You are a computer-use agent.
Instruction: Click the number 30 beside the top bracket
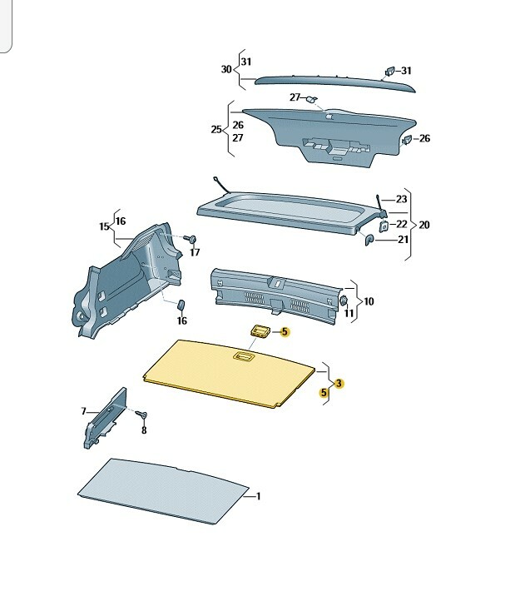(226, 69)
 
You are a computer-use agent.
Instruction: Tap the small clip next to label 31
(389, 72)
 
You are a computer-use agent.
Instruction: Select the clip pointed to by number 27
(312, 99)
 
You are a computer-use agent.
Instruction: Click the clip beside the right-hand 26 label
(407, 140)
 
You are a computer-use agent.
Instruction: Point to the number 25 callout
(216, 129)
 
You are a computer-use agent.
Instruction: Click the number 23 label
(401, 199)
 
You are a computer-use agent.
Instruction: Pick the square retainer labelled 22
(384, 226)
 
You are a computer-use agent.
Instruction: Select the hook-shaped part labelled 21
(369, 240)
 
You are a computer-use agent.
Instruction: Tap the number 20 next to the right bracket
(424, 225)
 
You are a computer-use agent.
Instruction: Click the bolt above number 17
(191, 239)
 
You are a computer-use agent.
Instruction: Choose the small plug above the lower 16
(181, 305)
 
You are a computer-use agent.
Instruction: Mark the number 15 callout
(104, 226)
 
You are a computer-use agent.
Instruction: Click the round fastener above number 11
(344, 300)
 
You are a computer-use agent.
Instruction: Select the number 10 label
(369, 301)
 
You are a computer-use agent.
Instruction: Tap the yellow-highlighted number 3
(339, 384)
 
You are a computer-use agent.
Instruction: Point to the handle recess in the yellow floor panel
(244, 355)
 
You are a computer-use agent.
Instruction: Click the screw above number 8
(142, 415)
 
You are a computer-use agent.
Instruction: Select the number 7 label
(84, 411)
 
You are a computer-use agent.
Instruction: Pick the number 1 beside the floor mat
(259, 496)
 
